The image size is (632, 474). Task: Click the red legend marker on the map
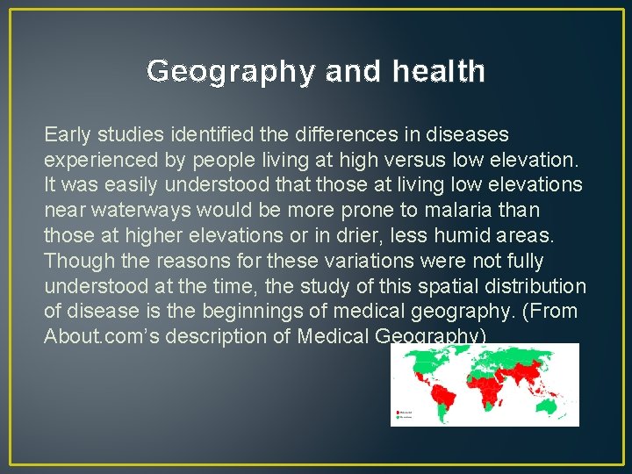click(398, 411)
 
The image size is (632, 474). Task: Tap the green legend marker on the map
click(398, 417)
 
